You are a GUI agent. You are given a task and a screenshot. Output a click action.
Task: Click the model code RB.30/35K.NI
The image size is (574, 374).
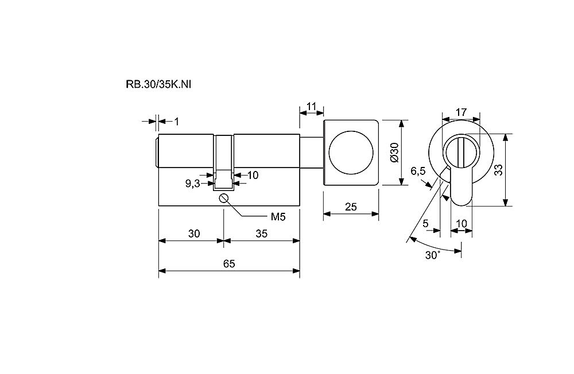click(158, 84)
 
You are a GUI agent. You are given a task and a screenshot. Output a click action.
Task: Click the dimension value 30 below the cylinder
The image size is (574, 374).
click(194, 233)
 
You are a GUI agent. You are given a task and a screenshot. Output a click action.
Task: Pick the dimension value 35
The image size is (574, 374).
click(261, 233)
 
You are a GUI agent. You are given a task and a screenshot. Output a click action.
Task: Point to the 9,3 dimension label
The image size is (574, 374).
click(192, 184)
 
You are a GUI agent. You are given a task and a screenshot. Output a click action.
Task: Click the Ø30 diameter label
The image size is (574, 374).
click(393, 153)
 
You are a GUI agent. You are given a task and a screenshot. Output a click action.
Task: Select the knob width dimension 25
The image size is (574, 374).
click(351, 207)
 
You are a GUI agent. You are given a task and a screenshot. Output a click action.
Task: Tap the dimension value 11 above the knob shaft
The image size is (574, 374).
click(312, 106)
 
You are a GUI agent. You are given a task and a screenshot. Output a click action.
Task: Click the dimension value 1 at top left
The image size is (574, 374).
click(177, 121)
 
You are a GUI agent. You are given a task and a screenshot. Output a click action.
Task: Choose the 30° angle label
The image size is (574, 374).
click(433, 255)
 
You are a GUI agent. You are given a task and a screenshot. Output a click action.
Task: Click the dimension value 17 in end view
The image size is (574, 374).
click(460, 111)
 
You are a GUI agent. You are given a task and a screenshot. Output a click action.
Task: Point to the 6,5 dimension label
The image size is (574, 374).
click(418, 170)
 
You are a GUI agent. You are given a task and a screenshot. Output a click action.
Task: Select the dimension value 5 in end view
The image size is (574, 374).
click(426, 223)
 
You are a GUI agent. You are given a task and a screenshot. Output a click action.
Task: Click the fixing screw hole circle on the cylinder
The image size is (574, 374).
click(224, 198)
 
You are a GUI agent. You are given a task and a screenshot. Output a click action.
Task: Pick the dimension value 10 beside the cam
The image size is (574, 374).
click(253, 175)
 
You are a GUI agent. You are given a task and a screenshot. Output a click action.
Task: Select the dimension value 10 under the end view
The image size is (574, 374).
click(461, 223)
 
